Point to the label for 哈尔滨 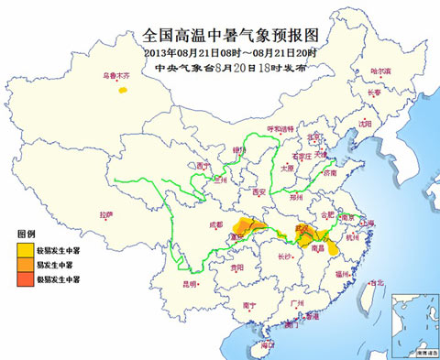tap(379, 71)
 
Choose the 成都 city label tap(215, 224)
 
